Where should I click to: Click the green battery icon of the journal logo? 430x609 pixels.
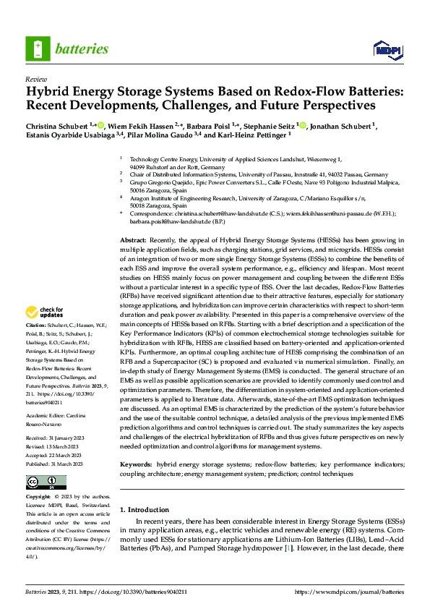(37, 49)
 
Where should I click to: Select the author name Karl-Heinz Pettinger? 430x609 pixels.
(250, 134)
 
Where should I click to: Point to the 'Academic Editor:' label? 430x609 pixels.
(48, 416)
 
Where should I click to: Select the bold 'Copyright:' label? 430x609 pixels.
(38, 498)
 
